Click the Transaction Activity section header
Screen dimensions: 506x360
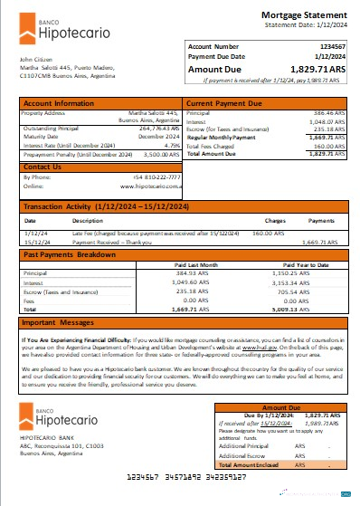pos(109,207)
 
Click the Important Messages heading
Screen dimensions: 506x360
pos(60,322)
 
